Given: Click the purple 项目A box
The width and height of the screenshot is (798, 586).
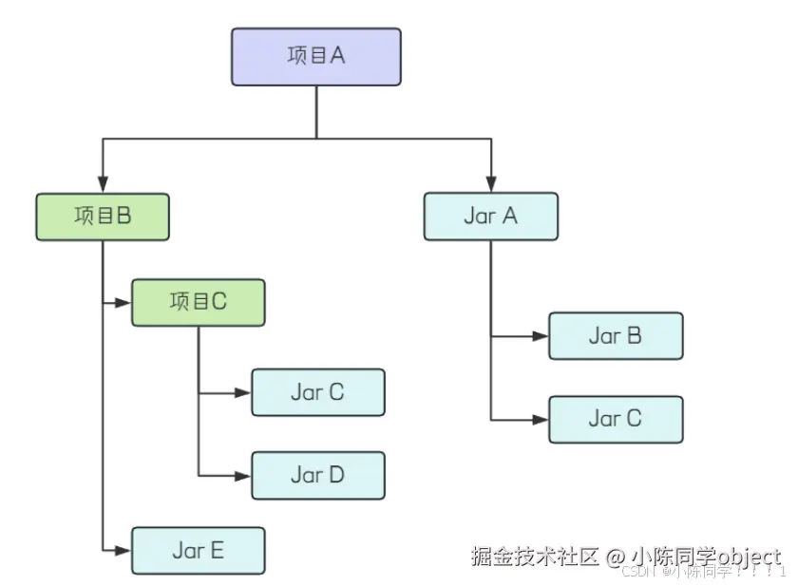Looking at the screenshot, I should pyautogui.click(x=316, y=56).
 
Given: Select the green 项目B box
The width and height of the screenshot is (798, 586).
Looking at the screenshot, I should pyautogui.click(x=103, y=217).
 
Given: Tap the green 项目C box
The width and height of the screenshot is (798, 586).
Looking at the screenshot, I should pyautogui.click(x=198, y=303).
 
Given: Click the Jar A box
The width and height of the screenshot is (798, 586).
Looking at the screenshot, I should pyautogui.click(x=490, y=217).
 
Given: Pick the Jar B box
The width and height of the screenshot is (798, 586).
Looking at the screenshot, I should pyautogui.click(x=615, y=336).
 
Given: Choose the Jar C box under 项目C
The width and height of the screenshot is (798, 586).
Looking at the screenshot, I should pyautogui.click(x=317, y=392).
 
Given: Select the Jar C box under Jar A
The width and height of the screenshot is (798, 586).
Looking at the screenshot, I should pyautogui.click(x=615, y=419).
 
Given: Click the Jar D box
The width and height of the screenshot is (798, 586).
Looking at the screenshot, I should pyautogui.click(x=317, y=476).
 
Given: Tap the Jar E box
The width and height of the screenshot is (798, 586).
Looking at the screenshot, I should pyautogui.click(x=198, y=550).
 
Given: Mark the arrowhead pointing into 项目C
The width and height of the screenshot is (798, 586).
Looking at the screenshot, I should pyautogui.click(x=123, y=303).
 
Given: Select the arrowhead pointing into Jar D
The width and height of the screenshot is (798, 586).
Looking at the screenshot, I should pyautogui.click(x=243, y=476).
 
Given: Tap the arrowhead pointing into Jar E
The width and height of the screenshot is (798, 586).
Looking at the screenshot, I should pyautogui.click(x=123, y=550).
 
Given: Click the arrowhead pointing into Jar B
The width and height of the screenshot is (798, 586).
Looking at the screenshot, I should pyautogui.click(x=541, y=336).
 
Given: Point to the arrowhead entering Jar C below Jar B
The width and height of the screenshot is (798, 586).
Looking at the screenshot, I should pyautogui.click(x=541, y=419).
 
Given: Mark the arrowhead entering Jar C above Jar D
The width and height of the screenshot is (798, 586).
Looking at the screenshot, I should pyautogui.click(x=243, y=392).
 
